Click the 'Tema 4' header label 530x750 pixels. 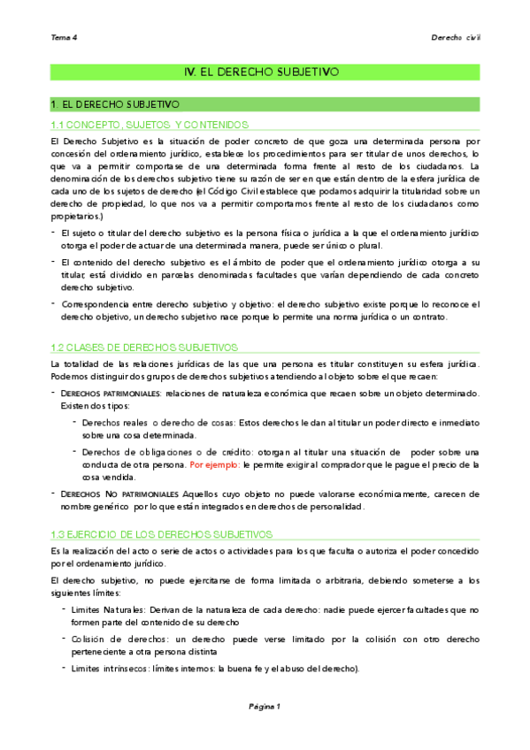[x=65, y=38]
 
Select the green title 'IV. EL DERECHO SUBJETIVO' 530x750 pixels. [x=265, y=72]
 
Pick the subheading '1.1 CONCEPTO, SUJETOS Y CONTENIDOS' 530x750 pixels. [x=150, y=125]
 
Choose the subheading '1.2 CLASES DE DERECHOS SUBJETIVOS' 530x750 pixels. [x=145, y=348]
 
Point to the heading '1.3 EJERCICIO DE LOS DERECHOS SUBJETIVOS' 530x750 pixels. [x=163, y=534]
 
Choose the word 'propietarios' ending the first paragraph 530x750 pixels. [x=77, y=216]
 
